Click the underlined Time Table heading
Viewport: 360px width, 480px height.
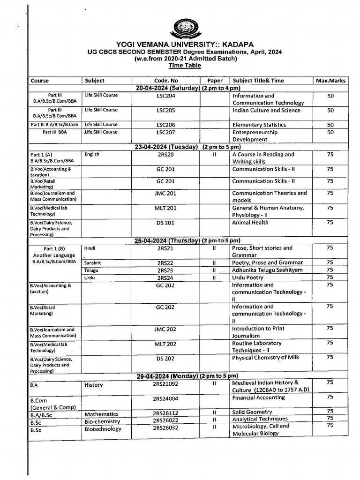pos(187,66)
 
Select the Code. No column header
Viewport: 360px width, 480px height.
pos(166,81)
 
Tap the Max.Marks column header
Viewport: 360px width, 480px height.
pos(330,81)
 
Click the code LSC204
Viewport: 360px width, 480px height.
pos(166,96)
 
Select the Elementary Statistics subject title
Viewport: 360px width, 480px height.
pos(259,125)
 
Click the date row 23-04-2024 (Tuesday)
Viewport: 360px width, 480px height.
pos(187,147)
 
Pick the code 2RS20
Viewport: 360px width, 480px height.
pos(166,154)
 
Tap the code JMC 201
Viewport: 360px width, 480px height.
pos(165,193)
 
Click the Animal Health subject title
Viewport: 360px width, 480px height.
pos(250,223)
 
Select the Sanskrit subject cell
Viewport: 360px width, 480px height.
pos(93,263)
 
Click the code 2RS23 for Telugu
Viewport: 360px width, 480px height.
pos(165,270)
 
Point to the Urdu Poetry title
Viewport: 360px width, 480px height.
pos(248,277)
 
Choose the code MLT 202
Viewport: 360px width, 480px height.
pos(165,344)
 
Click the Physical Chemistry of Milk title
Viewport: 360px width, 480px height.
pos(265,358)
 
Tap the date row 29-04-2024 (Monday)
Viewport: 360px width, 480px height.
pos(187,376)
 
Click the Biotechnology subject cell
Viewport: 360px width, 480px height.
pos(103,429)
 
